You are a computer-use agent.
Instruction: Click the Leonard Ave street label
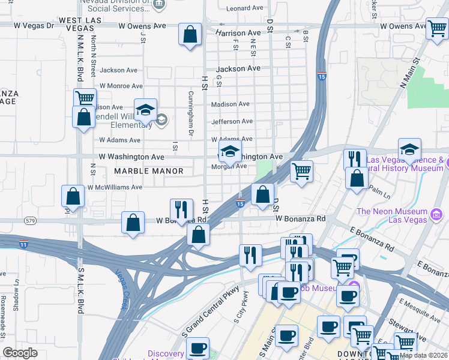point(246,8)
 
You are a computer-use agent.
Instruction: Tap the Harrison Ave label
point(238,33)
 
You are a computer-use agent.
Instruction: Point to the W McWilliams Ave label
point(115,187)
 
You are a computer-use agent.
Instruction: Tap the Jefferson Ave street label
point(232,122)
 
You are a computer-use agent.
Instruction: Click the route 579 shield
point(30,221)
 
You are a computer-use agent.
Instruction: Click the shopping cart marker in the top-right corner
point(436,28)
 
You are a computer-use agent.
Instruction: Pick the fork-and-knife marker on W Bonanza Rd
point(181,209)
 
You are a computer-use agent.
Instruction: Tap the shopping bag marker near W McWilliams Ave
point(73,197)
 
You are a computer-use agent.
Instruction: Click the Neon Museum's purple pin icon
point(436,213)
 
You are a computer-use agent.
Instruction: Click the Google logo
point(20,352)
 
